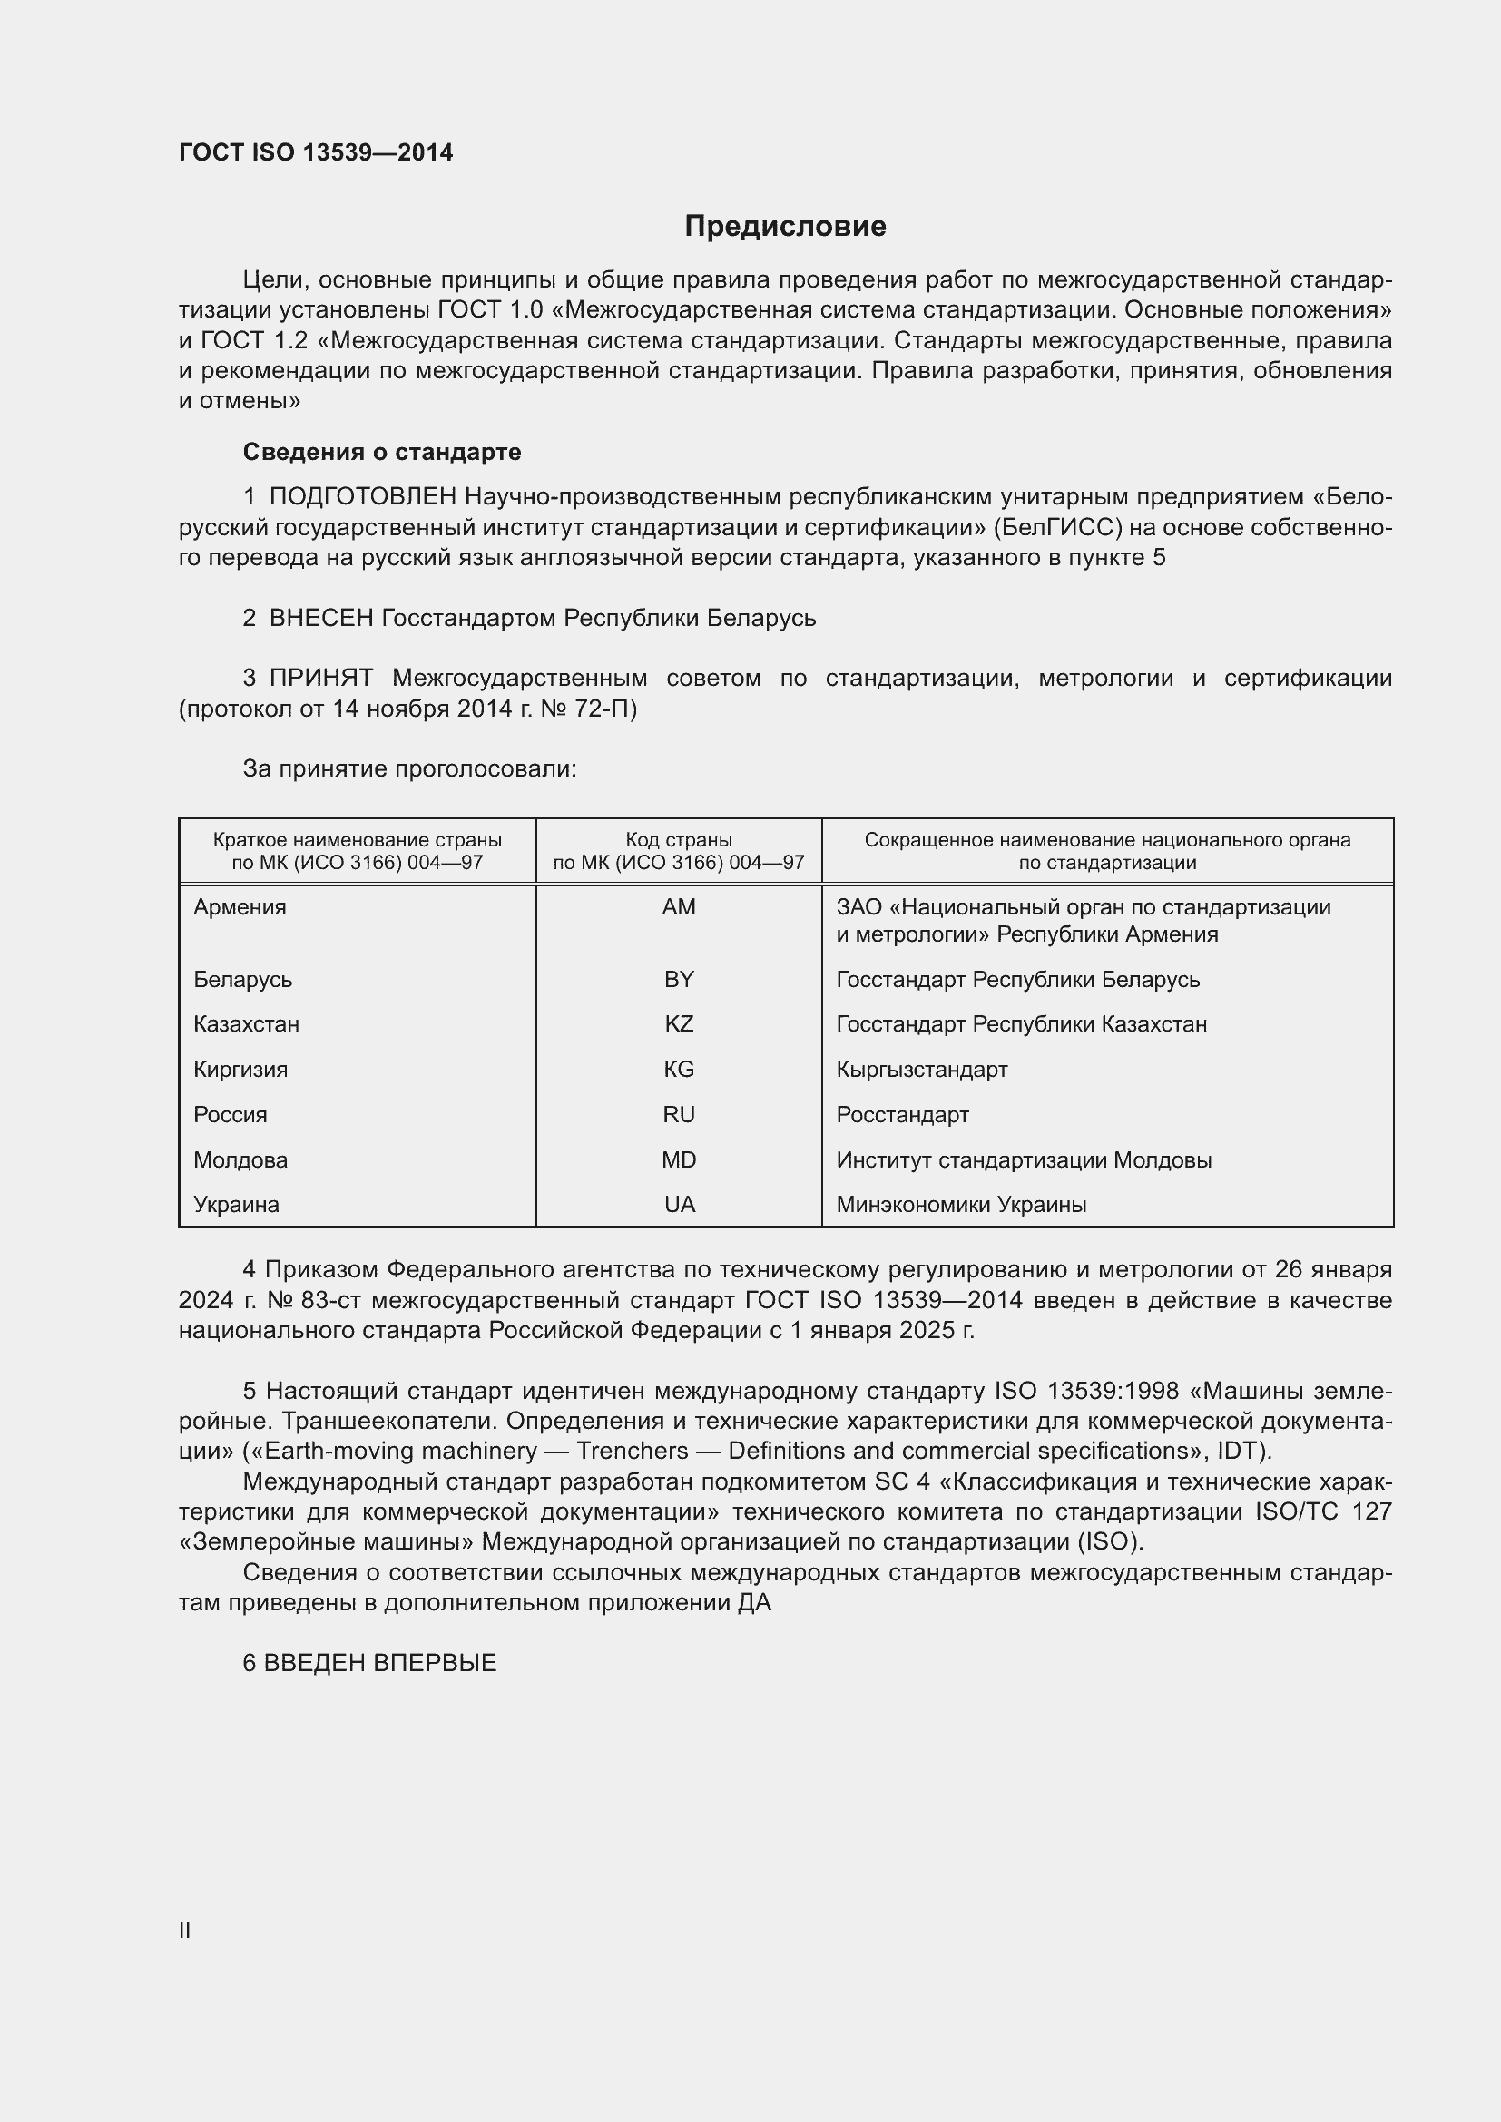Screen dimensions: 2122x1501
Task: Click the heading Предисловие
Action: coord(785,227)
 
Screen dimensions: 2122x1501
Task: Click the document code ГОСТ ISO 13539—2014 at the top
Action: coord(316,152)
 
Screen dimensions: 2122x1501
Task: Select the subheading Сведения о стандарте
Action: coord(382,452)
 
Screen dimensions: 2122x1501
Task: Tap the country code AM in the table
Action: coord(679,906)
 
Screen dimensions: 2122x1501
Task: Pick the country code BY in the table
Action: coord(679,979)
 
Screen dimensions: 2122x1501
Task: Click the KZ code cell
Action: coord(679,1024)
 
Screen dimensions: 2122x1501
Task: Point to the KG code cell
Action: coord(679,1070)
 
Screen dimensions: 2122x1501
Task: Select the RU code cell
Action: coord(679,1115)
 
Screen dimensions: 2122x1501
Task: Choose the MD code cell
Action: coord(679,1160)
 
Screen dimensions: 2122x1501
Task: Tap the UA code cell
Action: coord(679,1204)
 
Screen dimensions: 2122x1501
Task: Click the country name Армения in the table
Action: coord(240,906)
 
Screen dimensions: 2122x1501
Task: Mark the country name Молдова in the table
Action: coord(240,1160)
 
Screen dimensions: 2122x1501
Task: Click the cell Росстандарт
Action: coord(902,1115)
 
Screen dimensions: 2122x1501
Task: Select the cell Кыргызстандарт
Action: coord(921,1070)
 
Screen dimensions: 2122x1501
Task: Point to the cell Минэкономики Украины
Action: coord(961,1204)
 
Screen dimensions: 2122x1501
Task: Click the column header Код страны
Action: coord(679,840)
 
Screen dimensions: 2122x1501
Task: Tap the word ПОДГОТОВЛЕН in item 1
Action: coord(362,497)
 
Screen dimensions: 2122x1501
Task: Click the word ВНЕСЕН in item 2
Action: coord(320,619)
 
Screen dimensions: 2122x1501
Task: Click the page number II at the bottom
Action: coord(185,1930)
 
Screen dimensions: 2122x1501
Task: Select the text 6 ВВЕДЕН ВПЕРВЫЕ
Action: coord(369,1663)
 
